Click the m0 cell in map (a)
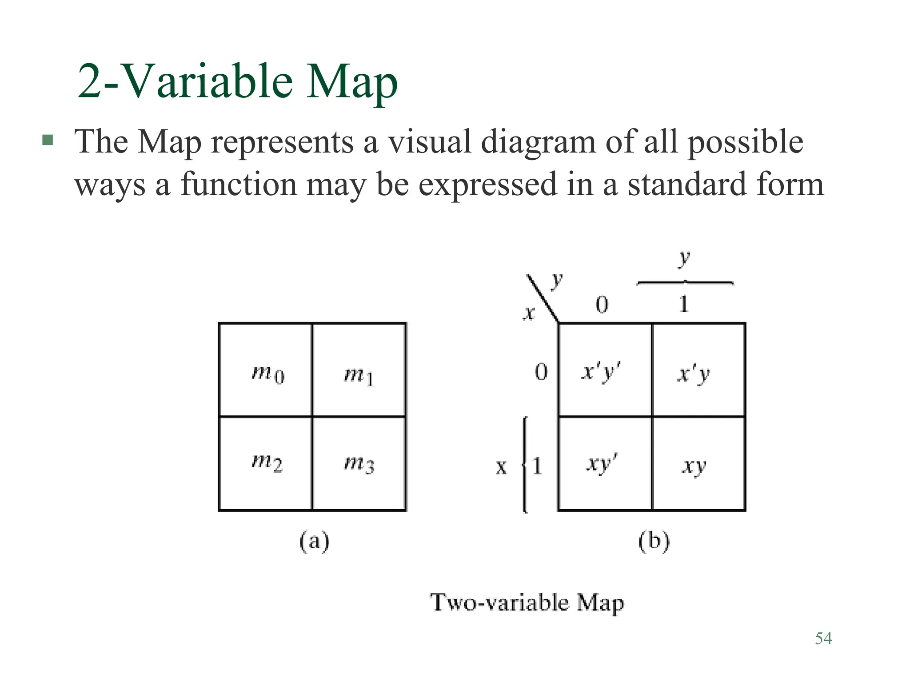(266, 370)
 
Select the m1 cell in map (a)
(359, 370)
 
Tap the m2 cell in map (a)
(266, 463)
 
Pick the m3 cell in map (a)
(359, 463)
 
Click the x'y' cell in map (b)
(605, 370)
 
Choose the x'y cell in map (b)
(698, 370)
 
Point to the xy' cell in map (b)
(605, 463)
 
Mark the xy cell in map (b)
(698, 463)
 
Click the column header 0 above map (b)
(602, 305)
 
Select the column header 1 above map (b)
(684, 305)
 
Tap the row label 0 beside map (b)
(541, 372)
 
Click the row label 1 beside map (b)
(537, 466)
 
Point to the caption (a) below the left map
(314, 542)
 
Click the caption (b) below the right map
(654, 542)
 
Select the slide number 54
(823, 639)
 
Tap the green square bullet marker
(48, 141)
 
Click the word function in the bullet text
(239, 184)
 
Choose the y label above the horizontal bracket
(684, 258)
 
